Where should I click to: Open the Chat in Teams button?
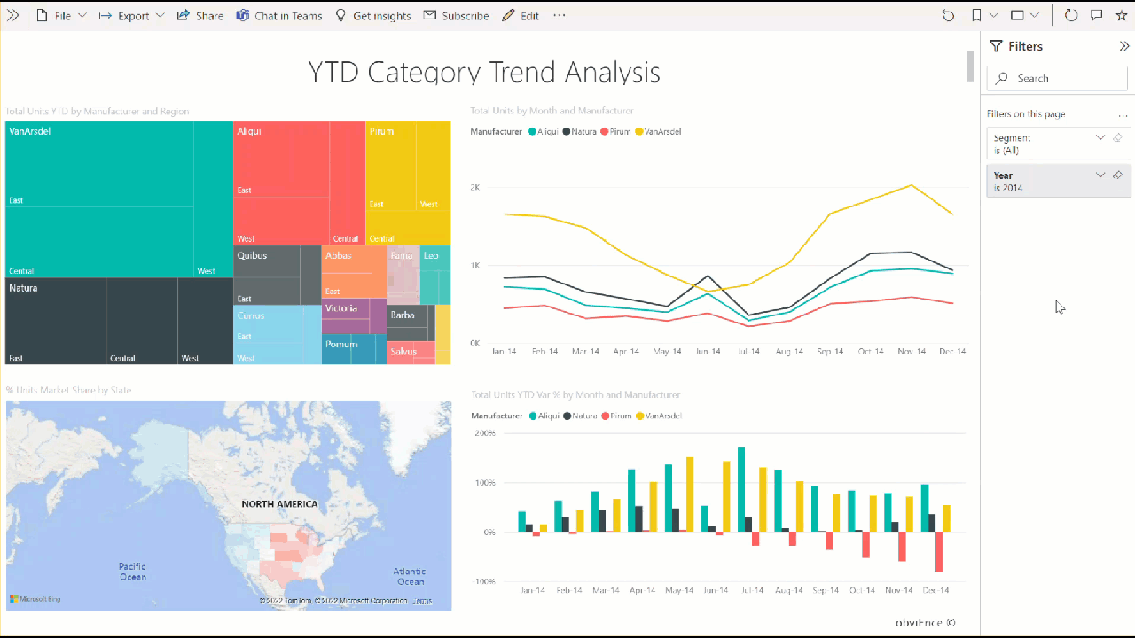[x=279, y=16]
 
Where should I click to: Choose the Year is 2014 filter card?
[x=1046, y=181]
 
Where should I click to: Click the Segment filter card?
[x=1046, y=144]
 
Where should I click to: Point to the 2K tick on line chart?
[x=475, y=188]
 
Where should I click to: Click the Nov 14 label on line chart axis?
[x=912, y=352]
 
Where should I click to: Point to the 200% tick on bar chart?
[x=484, y=433]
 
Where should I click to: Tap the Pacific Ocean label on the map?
[x=133, y=572]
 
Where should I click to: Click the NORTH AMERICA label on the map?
[x=279, y=504]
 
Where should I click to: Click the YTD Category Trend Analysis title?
[x=484, y=73]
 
